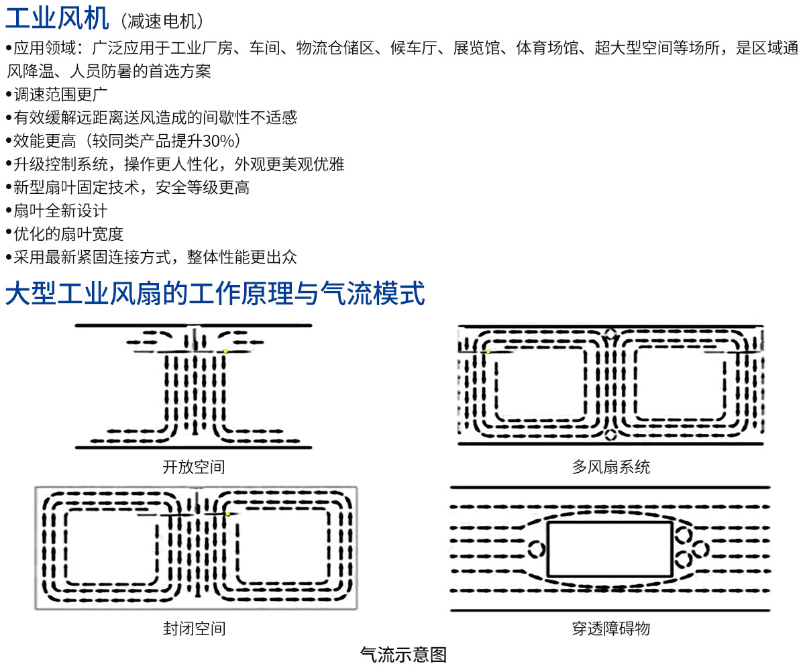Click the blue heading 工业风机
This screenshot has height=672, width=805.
[57, 19]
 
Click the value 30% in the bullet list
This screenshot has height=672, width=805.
[218, 141]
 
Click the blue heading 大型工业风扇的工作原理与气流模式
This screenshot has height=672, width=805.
[215, 293]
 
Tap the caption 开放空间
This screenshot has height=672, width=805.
[194, 467]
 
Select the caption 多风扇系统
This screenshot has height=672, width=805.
[611, 467]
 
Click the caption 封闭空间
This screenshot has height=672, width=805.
[195, 629]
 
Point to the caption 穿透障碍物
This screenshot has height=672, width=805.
[611, 629]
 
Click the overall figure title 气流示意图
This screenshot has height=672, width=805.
[403, 655]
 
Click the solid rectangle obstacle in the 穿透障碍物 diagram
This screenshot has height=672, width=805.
[610, 522]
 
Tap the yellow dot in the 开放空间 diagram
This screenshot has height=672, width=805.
[225, 351]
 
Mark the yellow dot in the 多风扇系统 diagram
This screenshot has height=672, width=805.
[488, 351]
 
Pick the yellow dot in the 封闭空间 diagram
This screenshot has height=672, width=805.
[228, 514]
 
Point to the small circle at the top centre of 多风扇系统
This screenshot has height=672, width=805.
[610, 329]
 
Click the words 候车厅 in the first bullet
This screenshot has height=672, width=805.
[414, 48]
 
